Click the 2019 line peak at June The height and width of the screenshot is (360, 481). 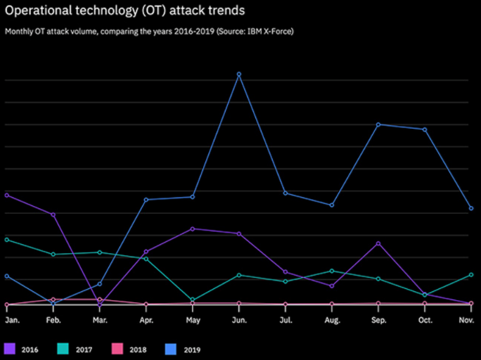coord(239,74)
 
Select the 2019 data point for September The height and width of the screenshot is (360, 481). coord(378,124)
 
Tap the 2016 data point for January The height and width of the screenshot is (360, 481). coord(6,195)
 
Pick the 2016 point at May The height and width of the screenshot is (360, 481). coord(193,229)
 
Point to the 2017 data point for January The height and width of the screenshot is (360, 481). coord(6,240)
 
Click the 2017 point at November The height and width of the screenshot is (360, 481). coord(471,275)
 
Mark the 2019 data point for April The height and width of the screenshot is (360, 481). coord(146,200)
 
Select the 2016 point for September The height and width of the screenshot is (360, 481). coord(378,243)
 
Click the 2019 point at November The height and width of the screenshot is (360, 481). coord(471,208)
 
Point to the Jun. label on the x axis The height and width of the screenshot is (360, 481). coord(239,320)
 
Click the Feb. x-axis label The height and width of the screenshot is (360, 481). coord(53,320)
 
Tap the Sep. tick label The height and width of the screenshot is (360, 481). coord(378,320)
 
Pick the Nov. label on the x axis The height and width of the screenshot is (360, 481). coord(466,320)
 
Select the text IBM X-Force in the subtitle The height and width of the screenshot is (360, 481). coord(268,32)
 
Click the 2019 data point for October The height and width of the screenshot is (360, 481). coord(425,129)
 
